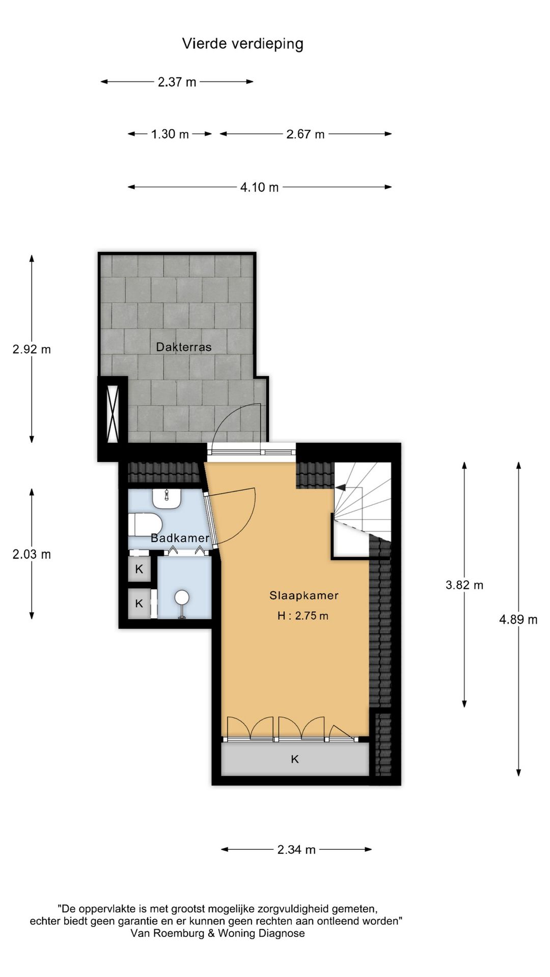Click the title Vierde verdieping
(242, 44)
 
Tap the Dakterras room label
(183, 347)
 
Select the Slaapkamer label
(304, 595)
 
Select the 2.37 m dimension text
(177, 82)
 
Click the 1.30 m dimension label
(170, 134)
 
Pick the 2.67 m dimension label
(305, 134)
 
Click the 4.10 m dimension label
(259, 187)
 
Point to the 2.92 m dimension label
(32, 349)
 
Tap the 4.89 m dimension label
(518, 619)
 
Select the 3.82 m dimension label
(464, 585)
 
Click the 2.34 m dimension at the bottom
(296, 849)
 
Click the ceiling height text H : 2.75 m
(302, 616)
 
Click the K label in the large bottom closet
(294, 759)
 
